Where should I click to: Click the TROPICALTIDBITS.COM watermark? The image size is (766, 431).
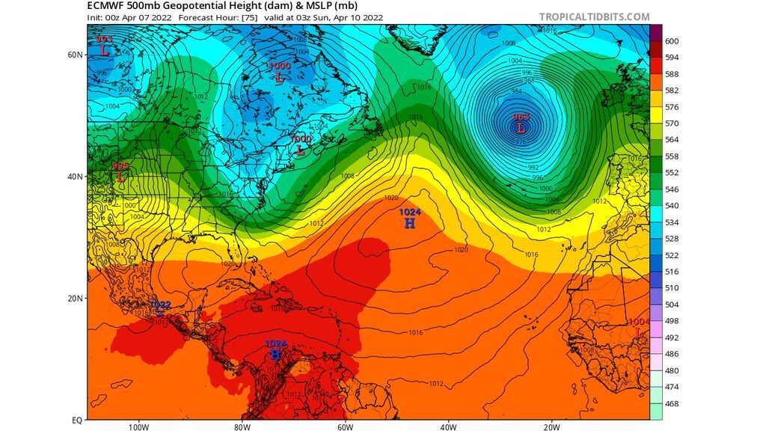594,16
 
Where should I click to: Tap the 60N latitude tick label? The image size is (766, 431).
75,55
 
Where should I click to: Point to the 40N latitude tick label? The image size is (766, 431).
75,177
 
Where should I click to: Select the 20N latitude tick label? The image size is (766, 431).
75,298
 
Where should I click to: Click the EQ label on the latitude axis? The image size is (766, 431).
76,420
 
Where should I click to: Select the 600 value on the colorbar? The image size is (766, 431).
672,41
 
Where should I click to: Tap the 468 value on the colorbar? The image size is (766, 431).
672,404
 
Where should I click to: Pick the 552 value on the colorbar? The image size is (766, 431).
672,173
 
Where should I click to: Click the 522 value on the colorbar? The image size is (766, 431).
672,256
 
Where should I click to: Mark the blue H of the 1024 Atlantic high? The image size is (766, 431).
409,223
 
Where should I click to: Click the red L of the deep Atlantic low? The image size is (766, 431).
521,128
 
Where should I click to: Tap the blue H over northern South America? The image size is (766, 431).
275,354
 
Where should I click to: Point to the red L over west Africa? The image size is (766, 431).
637,331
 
